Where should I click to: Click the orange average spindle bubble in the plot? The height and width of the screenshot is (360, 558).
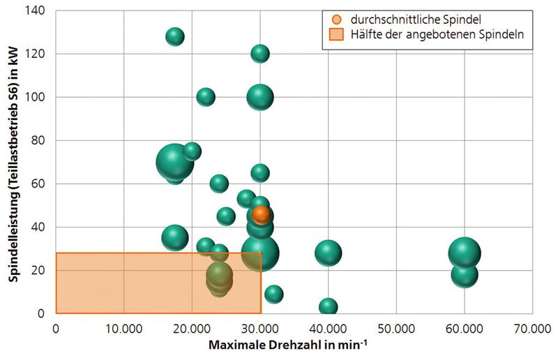click(262, 214)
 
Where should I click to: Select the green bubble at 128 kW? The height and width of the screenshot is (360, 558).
click(175, 37)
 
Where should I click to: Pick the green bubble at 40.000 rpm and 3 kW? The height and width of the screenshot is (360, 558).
click(328, 307)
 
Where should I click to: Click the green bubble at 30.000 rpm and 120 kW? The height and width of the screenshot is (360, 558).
click(260, 54)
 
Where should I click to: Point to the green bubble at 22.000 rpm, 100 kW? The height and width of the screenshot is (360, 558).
click(206, 97)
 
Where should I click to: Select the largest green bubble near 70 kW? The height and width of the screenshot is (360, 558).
click(175, 162)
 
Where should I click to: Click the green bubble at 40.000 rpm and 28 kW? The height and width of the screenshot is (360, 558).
click(328, 253)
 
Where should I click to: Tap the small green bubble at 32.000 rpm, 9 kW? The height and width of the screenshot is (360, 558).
click(274, 294)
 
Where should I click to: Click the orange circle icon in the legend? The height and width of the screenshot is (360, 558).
click(337, 18)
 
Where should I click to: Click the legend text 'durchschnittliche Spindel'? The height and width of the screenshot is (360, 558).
click(408, 18)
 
